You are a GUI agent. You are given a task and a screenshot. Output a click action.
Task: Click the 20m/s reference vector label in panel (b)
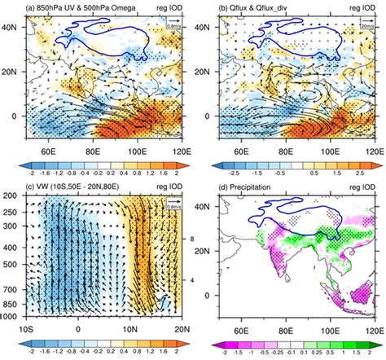(x=367, y=35)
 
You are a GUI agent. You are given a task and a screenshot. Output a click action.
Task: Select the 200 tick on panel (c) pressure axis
(x=15, y=196)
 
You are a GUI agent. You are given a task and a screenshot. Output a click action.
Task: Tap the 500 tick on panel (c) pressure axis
(x=15, y=265)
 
